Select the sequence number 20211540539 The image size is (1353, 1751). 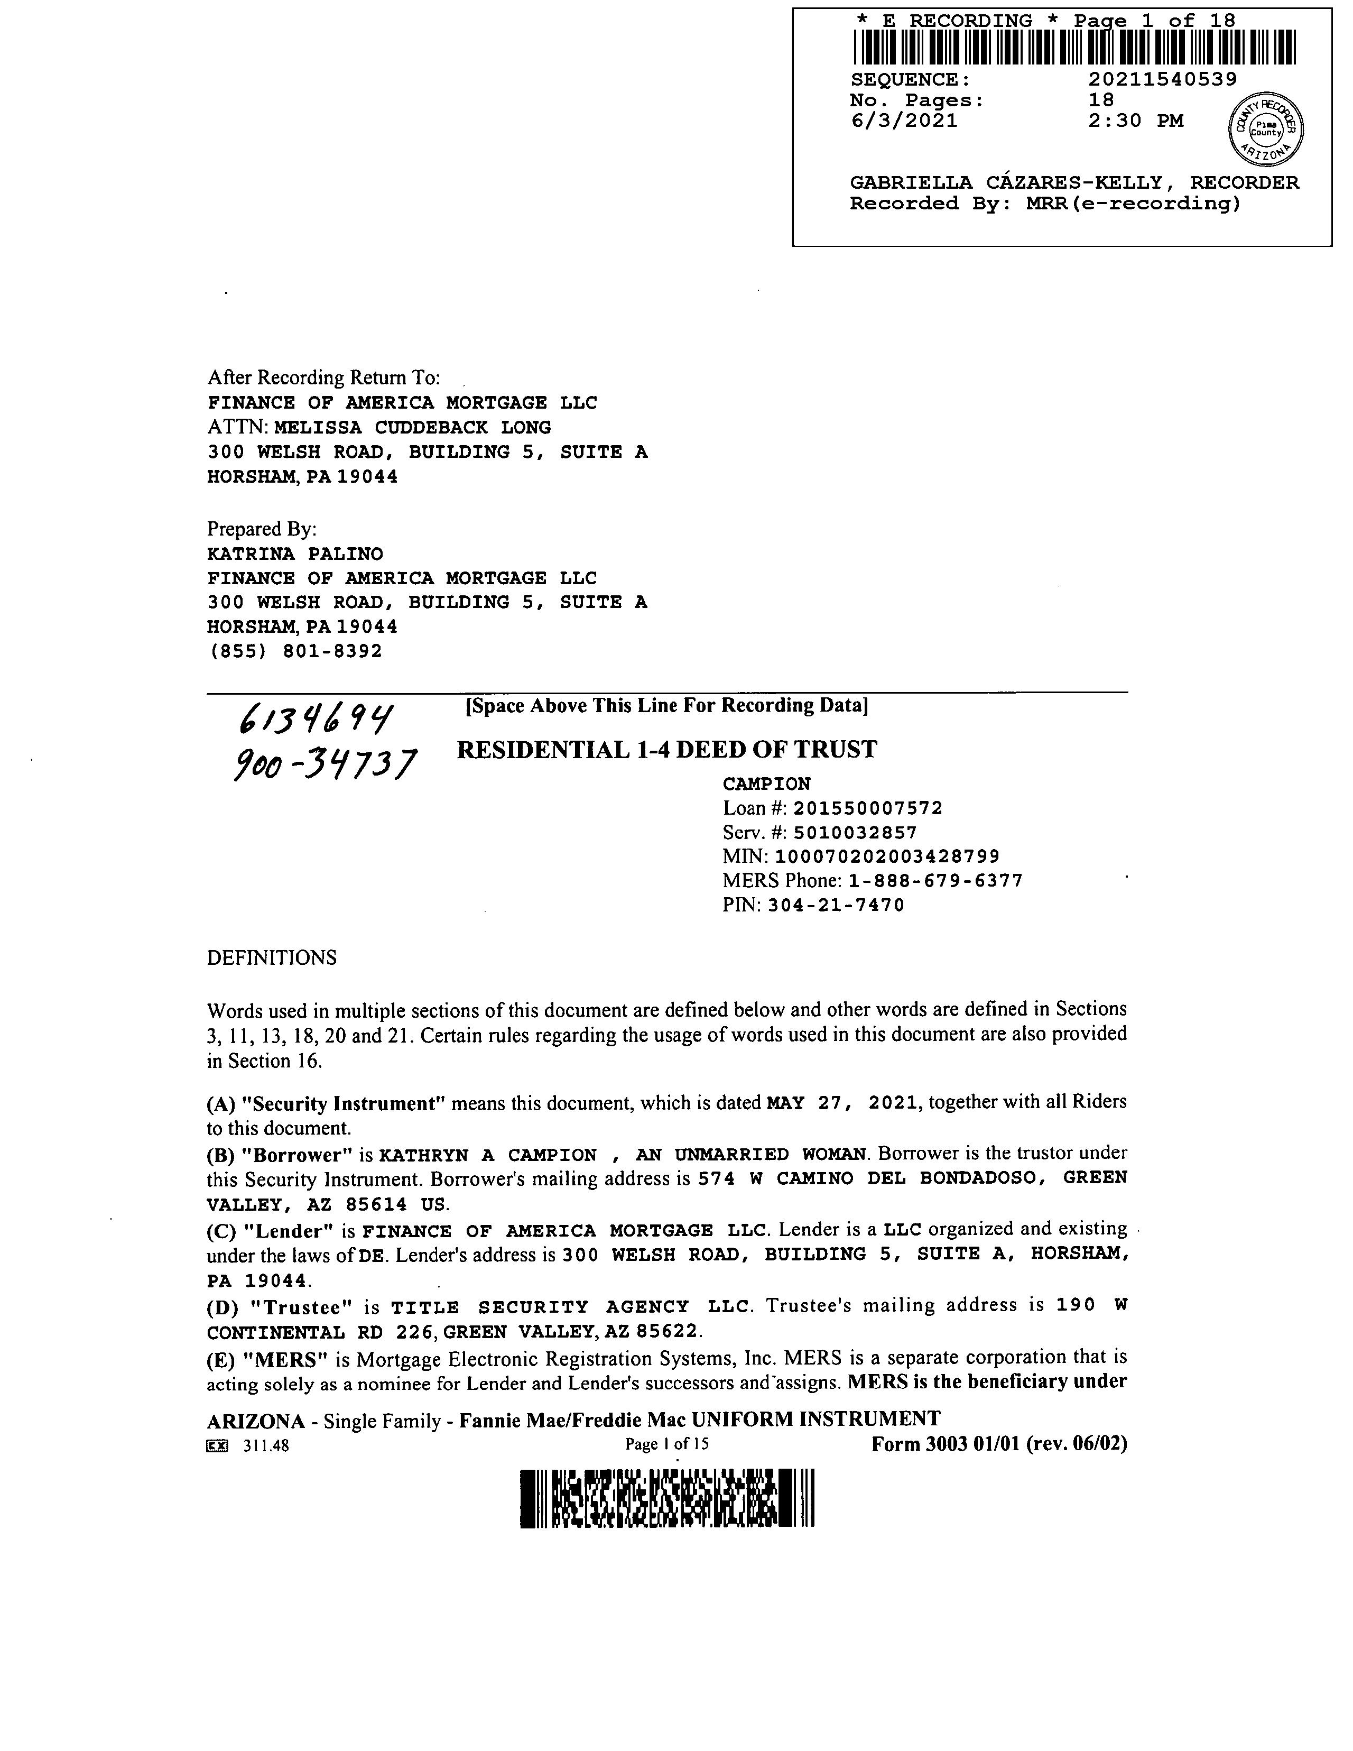pos(1162,79)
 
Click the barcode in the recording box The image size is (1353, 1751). pos(1074,47)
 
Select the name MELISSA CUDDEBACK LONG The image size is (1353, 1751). pos(412,427)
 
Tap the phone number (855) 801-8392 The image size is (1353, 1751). pos(295,651)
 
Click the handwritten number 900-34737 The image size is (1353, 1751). pos(325,764)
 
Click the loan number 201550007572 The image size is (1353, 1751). pos(868,808)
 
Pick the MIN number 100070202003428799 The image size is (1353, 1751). pos(887,856)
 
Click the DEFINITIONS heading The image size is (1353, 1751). pos(272,958)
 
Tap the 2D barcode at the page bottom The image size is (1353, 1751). pos(667,1498)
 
